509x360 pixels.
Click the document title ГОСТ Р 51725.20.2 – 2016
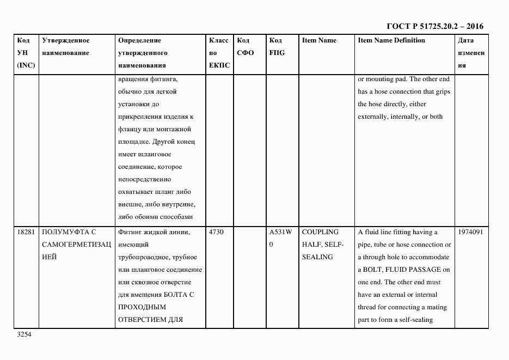434,26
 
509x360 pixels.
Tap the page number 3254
25,335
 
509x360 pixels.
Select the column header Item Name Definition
391,40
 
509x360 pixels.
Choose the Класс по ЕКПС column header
219,53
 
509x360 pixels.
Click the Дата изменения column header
471,53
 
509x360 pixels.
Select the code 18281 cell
26,232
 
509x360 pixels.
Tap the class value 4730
217,232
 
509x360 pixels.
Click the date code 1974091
471,232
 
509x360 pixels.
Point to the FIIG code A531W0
280,238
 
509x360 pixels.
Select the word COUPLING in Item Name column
320,232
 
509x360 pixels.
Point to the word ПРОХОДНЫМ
138,307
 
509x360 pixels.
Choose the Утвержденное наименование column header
65,47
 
